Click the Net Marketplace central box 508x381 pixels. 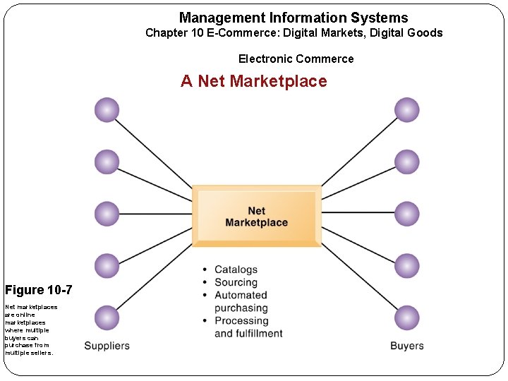click(x=257, y=216)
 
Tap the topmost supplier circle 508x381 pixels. click(x=107, y=110)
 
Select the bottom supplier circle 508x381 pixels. click(x=107, y=317)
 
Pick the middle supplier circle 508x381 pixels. click(x=107, y=214)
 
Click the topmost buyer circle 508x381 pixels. click(x=407, y=110)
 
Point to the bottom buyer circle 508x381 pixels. click(x=407, y=317)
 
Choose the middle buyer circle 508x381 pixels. click(x=407, y=214)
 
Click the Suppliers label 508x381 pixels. click(x=107, y=346)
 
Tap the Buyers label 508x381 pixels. click(x=407, y=346)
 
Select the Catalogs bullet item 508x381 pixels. click(x=236, y=270)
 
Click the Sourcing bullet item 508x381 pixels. click(x=236, y=282)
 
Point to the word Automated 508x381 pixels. click(x=241, y=295)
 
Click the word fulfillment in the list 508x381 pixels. click(x=259, y=333)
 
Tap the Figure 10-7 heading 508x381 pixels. click(x=38, y=290)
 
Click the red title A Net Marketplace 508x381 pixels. click(x=254, y=81)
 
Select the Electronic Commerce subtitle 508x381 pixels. click(x=296, y=59)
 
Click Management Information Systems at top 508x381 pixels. click(x=294, y=18)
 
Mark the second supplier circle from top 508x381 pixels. click(x=107, y=162)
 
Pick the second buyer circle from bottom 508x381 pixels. click(x=407, y=266)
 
